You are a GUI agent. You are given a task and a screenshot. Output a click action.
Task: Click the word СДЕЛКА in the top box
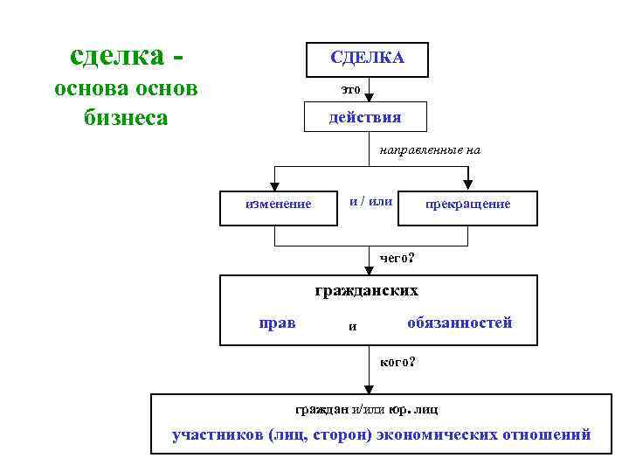(367, 58)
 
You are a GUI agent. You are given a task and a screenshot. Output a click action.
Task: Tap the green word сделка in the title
(115, 57)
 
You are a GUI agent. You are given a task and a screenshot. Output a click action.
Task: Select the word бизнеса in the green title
(126, 117)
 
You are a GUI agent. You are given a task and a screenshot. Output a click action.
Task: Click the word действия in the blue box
(365, 117)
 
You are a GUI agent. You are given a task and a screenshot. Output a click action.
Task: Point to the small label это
(349, 89)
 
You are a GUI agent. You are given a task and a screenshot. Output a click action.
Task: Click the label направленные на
(430, 150)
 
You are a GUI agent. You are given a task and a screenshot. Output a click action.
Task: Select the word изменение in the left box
(279, 205)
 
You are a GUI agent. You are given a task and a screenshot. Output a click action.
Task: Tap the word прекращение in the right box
(467, 205)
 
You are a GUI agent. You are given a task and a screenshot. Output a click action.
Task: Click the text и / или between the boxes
(370, 202)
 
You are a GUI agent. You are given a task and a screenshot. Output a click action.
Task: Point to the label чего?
(397, 257)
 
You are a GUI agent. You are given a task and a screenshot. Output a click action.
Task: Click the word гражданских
(366, 290)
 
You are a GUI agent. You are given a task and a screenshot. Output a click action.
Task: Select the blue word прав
(278, 323)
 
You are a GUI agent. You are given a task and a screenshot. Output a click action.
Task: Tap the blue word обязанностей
(459, 323)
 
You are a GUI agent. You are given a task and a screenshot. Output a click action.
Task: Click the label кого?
(397, 361)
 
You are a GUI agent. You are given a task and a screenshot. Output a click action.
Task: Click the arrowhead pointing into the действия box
(370, 97)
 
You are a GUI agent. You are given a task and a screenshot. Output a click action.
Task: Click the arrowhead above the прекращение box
(467, 184)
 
